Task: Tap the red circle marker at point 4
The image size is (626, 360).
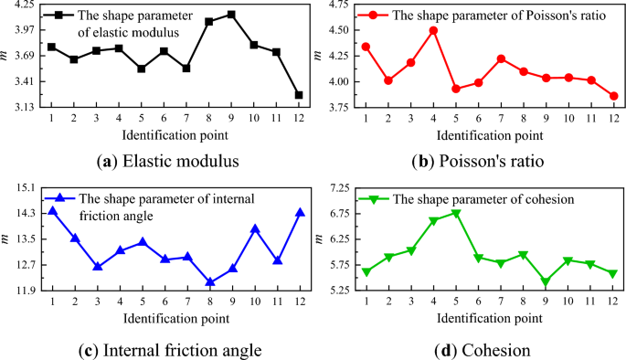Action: click(433, 30)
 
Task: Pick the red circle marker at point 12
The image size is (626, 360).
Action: click(613, 96)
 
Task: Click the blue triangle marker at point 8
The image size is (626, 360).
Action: click(209, 282)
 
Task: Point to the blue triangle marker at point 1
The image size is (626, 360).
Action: click(52, 211)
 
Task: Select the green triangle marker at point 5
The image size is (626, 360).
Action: click(456, 214)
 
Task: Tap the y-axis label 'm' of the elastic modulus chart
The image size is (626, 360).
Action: click(7, 57)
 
